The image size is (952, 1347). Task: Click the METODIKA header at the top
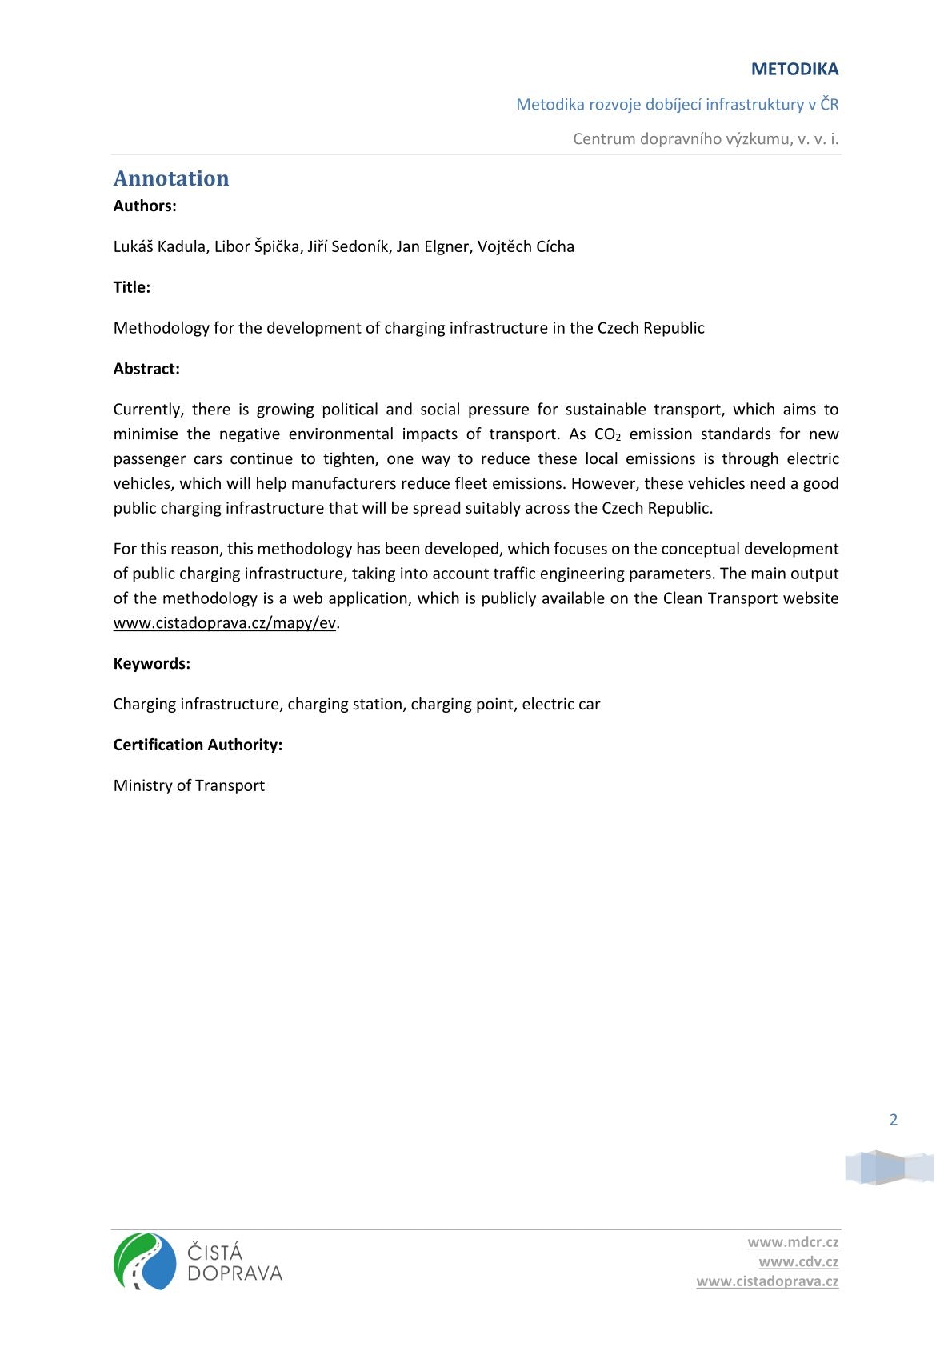[794, 70]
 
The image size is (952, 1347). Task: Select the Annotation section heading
[171, 178]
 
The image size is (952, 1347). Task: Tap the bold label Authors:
[145, 206]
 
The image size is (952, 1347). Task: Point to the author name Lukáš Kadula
[160, 246]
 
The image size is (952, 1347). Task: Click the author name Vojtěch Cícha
[526, 246]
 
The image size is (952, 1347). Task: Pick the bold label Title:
[132, 287]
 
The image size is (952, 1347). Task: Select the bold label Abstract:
[146, 369]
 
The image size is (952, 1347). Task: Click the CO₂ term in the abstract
[607, 434]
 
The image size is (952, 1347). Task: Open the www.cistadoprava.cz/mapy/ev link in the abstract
[225, 623]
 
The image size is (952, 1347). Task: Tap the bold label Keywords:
[152, 664]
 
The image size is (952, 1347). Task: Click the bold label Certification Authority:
[198, 745]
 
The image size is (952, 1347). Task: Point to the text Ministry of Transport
[189, 785]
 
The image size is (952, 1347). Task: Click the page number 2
[894, 1120]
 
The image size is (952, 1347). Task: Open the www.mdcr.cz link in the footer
[793, 1242]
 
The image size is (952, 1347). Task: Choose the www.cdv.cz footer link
[798, 1261]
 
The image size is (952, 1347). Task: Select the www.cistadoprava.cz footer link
[767, 1281]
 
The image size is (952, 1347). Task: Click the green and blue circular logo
[145, 1261]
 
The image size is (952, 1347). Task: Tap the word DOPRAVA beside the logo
[234, 1273]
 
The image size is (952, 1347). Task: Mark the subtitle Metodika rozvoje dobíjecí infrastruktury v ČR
[677, 105]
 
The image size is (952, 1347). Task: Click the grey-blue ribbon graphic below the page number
[890, 1168]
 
